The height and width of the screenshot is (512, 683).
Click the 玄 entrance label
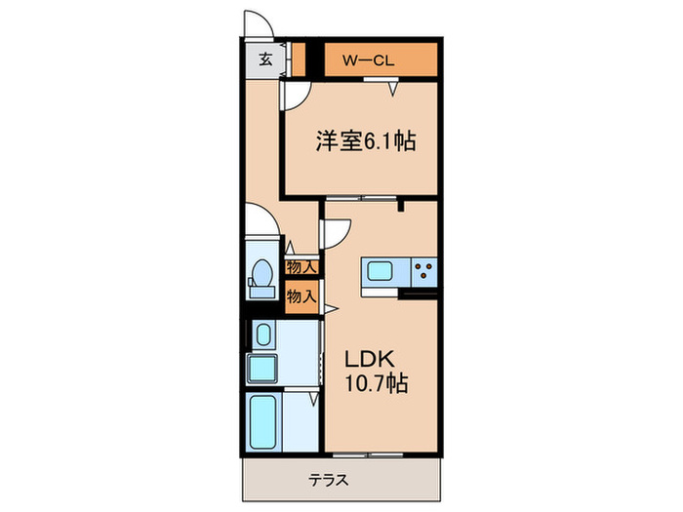tap(264, 59)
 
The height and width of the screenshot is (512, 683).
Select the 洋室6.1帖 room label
tap(365, 141)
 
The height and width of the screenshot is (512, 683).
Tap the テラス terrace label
tap(330, 481)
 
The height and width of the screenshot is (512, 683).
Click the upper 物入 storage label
tap(301, 266)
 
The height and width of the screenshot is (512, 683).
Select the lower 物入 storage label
tap(301, 295)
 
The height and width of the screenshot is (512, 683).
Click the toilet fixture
tap(261, 278)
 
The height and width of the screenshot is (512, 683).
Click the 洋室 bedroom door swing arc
tap(295, 94)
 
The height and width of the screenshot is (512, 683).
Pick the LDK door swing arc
tap(335, 231)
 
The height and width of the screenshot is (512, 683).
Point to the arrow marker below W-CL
tap(394, 89)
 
